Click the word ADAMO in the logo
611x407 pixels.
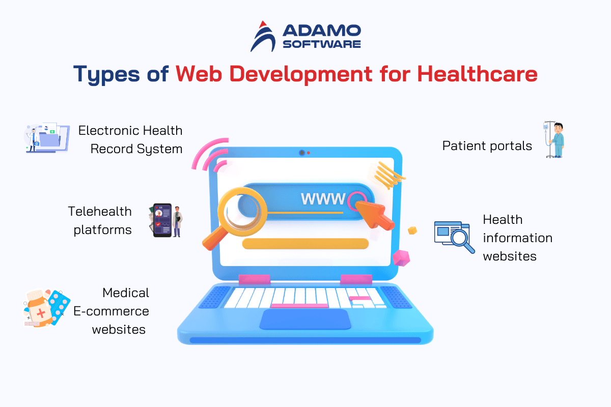click(322, 31)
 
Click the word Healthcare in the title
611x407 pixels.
click(477, 74)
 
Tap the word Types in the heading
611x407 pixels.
click(106, 74)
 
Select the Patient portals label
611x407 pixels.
click(487, 146)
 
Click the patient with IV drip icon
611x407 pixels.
click(554, 139)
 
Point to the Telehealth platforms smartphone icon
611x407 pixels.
click(162, 220)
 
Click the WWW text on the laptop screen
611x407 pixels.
click(323, 199)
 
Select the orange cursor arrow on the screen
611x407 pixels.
click(375, 215)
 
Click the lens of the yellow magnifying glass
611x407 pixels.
click(242, 211)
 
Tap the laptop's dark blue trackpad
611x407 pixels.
click(305, 319)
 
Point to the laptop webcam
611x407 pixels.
click(301, 153)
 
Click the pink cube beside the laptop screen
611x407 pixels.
click(401, 257)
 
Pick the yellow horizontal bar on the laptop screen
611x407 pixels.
click(305, 243)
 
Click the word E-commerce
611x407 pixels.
click(111, 311)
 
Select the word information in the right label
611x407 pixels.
click(517, 238)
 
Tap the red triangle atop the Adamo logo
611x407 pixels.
click(263, 24)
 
